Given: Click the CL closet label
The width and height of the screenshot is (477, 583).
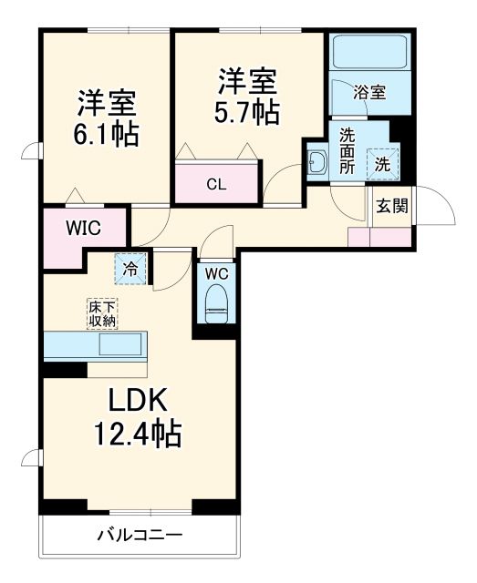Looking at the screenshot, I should coord(216,185).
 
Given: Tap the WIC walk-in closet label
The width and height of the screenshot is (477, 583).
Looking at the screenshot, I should coord(82,228).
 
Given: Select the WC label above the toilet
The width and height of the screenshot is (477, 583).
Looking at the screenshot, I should coord(216,273).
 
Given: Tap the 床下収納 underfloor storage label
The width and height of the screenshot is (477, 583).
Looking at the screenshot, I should coord(102,312).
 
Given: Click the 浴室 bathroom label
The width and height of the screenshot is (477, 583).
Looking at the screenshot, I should coord(369,92).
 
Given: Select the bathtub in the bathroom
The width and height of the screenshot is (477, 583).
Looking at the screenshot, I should coord(365,54).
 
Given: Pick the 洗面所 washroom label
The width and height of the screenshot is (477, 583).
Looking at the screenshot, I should coord(347,150).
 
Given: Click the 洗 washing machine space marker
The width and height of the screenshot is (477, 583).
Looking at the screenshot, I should coord(383,165).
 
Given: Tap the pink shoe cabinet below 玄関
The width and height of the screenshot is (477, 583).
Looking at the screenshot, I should coord(378,236).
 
